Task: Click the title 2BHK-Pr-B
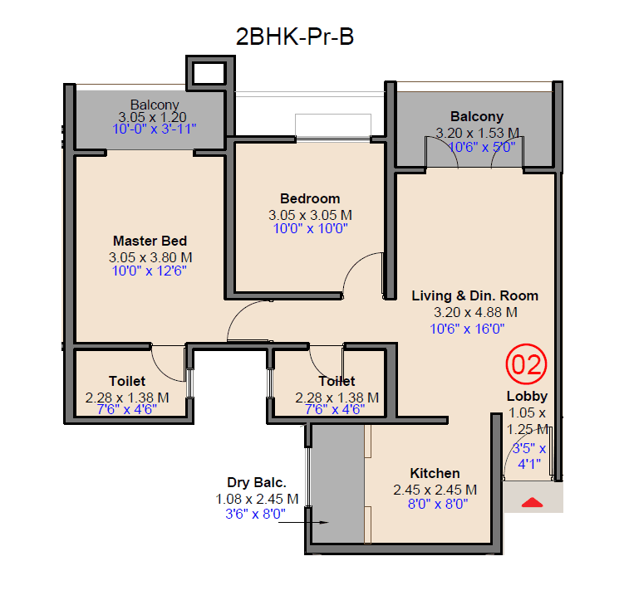(x=296, y=37)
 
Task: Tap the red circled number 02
(x=527, y=364)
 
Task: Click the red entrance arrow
(x=532, y=501)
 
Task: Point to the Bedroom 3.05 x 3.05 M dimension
(x=309, y=213)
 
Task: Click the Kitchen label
(x=435, y=474)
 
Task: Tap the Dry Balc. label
(x=257, y=482)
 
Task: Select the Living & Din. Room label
(x=474, y=295)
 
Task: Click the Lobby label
(x=527, y=397)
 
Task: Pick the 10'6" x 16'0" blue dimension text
(x=468, y=329)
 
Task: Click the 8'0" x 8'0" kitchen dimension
(x=435, y=503)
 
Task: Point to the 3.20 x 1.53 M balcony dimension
(x=477, y=132)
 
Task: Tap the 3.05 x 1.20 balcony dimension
(x=151, y=117)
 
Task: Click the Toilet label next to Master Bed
(x=126, y=382)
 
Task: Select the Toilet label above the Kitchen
(x=337, y=382)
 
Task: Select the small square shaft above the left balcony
(x=207, y=72)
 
